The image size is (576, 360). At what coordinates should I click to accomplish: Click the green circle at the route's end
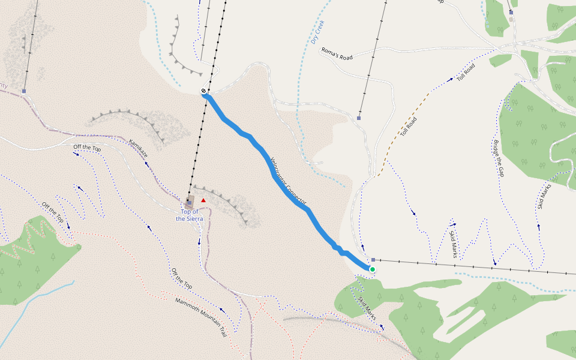(372, 269)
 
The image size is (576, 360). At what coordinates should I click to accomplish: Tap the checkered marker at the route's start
(204, 91)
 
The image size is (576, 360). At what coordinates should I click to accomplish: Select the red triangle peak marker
(203, 200)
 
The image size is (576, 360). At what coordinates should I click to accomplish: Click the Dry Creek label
(317, 33)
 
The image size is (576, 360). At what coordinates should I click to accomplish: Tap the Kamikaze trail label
(139, 148)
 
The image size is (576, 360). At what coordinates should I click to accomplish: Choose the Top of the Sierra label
(190, 215)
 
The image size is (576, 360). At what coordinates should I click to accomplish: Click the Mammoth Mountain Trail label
(201, 317)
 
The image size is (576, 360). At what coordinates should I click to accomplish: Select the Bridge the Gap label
(497, 159)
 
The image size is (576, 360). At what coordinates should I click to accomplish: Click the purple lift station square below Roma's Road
(359, 118)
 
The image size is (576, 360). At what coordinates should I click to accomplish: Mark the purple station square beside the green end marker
(373, 260)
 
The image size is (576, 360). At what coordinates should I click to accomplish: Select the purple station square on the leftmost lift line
(24, 91)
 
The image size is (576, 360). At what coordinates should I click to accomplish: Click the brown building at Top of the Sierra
(190, 201)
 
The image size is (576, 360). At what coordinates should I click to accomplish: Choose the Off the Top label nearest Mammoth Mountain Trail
(181, 279)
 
